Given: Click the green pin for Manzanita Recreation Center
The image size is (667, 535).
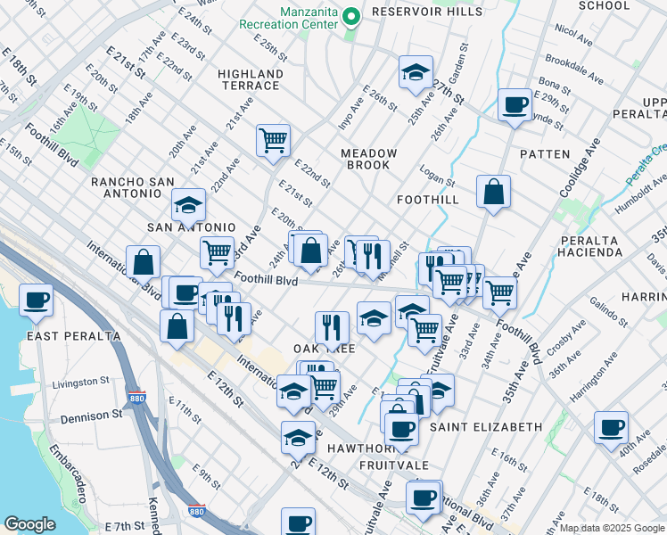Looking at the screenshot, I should [351, 16].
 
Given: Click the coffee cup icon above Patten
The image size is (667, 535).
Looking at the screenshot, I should [514, 104].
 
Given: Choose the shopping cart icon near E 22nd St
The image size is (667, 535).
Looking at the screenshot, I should [273, 140].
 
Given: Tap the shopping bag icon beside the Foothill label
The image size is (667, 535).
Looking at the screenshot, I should [493, 191].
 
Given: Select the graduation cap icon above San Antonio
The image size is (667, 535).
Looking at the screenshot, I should [188, 206].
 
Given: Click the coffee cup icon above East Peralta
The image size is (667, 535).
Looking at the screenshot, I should [37, 300].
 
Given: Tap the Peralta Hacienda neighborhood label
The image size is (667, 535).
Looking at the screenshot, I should [590, 246].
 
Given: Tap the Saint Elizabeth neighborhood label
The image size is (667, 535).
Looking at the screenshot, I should [486, 427].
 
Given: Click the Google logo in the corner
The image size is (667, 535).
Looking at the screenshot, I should [29, 524].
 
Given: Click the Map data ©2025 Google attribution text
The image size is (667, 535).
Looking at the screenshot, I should [613, 528].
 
